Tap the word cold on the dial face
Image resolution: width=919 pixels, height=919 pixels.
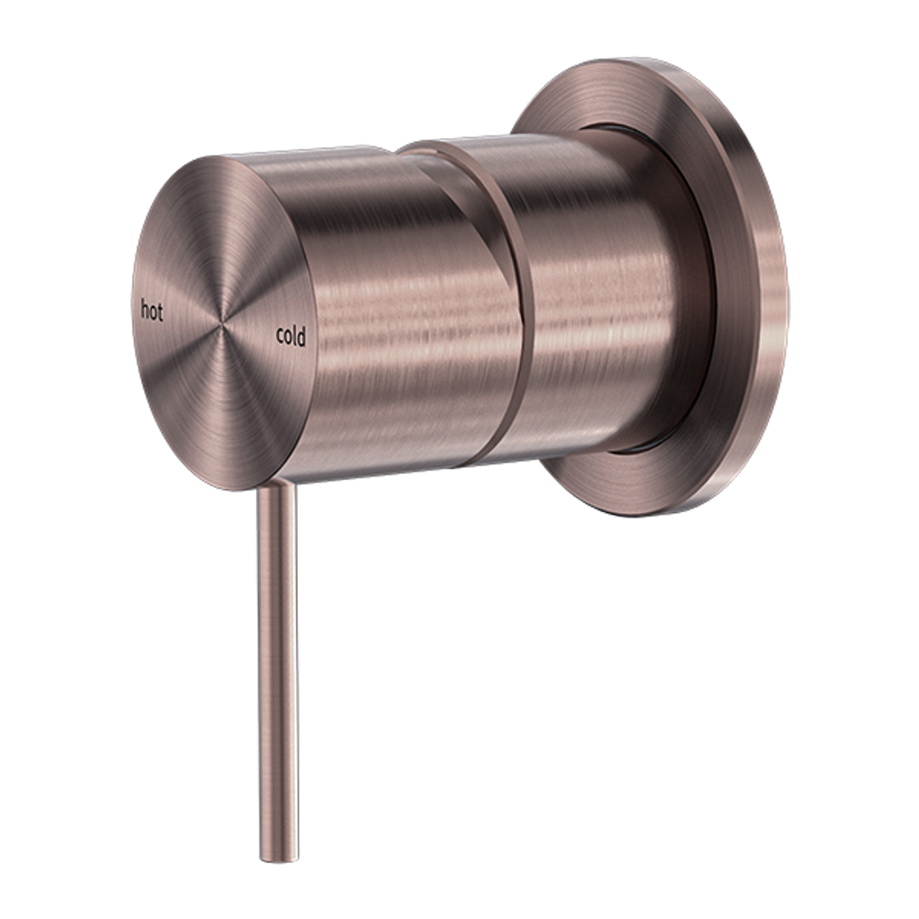(x=291, y=337)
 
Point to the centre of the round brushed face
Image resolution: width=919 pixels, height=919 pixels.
(x=223, y=323)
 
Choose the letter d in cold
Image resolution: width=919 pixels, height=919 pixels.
(x=301, y=337)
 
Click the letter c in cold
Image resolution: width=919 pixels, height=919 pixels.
(x=280, y=338)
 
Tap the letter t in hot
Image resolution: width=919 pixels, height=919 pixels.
(x=159, y=312)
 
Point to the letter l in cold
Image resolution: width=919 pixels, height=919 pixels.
(x=294, y=336)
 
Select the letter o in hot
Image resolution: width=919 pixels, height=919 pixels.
(x=152, y=312)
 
